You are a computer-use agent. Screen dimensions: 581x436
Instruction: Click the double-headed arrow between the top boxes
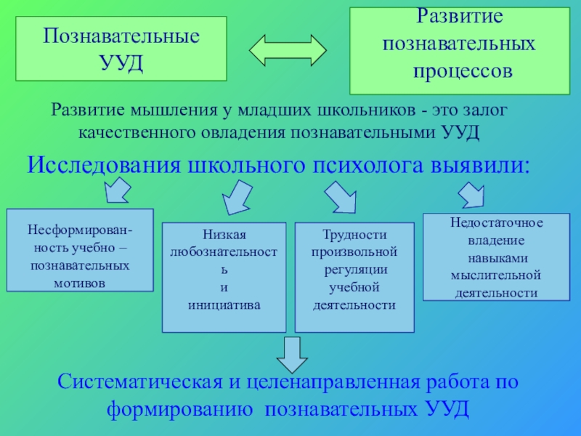288,52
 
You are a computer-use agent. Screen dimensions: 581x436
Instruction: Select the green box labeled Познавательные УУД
122,49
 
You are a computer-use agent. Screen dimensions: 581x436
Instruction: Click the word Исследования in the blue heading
105,163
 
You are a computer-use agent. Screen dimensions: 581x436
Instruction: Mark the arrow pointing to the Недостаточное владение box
472,194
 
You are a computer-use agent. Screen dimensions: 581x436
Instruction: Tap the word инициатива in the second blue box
224,305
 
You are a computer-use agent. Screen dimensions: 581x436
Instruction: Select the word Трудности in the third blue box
354,235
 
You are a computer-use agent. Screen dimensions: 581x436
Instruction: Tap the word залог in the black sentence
483,111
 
